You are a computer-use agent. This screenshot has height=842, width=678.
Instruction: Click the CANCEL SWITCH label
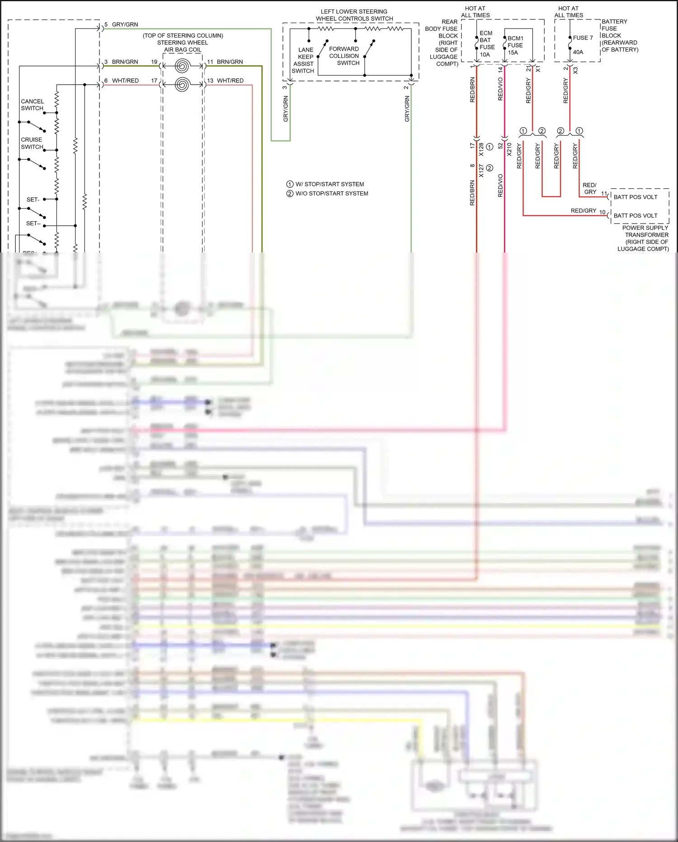[32, 105]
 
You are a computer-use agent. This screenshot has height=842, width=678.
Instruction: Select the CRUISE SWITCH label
[32, 143]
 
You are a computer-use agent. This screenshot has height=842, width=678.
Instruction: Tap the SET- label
[33, 200]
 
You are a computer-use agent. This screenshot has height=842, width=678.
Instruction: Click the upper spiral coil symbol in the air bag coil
[182, 66]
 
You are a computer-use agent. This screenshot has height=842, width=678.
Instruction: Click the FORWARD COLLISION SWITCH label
[344, 56]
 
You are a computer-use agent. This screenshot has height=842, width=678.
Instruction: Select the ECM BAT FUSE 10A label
[486, 44]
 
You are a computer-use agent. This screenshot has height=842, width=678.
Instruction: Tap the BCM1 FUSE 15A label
[515, 45]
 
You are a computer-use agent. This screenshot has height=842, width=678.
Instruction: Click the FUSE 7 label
[583, 38]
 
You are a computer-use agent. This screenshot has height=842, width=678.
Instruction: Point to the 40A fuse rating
[578, 52]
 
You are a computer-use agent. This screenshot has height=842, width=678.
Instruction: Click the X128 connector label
[481, 150]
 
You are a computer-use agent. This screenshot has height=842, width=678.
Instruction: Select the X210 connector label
[509, 150]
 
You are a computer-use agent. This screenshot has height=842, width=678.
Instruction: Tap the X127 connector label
[481, 171]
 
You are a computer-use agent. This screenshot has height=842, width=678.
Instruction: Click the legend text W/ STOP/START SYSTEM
[330, 184]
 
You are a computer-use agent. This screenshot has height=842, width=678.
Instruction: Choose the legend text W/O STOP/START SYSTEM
[332, 194]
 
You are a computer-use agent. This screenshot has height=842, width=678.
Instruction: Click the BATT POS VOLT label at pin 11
[635, 197]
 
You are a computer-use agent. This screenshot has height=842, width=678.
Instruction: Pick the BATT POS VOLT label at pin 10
[635, 216]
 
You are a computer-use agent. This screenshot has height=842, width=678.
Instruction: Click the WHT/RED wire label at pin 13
[230, 81]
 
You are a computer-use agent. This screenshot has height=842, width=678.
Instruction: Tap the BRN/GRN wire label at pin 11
[230, 62]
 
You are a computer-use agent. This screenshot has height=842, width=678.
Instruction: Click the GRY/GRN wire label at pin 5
[125, 24]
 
